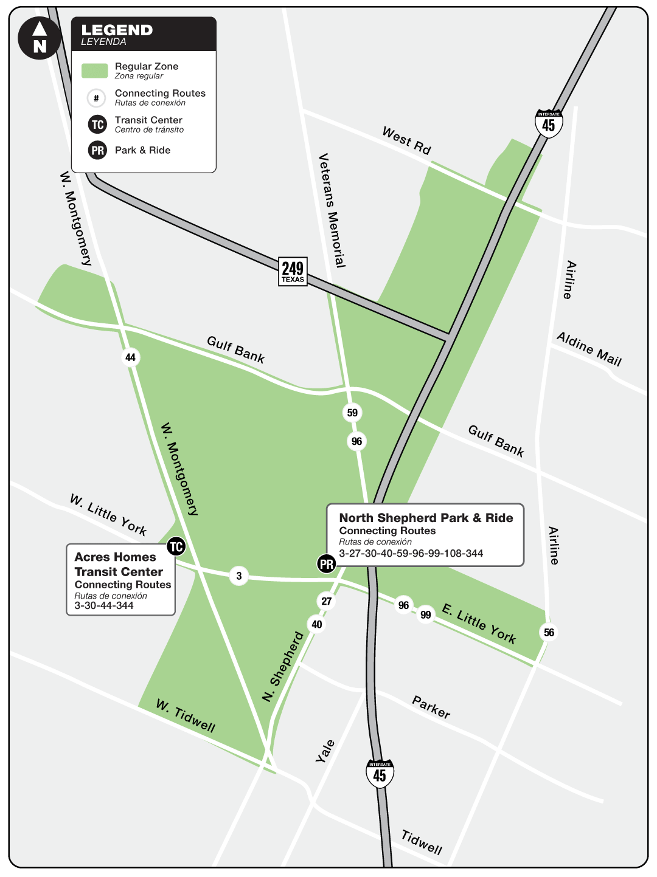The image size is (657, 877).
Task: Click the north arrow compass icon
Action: pyautogui.click(x=40, y=38)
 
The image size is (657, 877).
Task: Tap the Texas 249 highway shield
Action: pyautogui.click(x=293, y=271)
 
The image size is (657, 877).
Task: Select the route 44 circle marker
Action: pyautogui.click(x=130, y=357)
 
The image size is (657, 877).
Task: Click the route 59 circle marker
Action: pyautogui.click(x=352, y=413)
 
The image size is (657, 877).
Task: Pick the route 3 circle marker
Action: pyautogui.click(x=239, y=576)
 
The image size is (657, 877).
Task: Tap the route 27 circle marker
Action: pyautogui.click(x=327, y=601)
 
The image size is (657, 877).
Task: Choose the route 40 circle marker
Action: pyautogui.click(x=317, y=624)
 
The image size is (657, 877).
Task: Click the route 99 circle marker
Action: pyautogui.click(x=426, y=614)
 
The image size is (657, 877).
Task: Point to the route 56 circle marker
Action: pyautogui.click(x=549, y=633)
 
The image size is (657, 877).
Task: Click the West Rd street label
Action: pyautogui.click(x=406, y=140)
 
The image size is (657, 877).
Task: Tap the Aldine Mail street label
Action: pyautogui.click(x=589, y=349)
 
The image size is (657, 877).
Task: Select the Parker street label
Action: pyautogui.click(x=431, y=707)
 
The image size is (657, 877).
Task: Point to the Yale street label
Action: pyautogui.click(x=325, y=751)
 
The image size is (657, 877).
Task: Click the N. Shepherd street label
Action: pyautogui.click(x=283, y=667)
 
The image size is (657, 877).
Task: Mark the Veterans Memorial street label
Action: pyautogui.click(x=332, y=210)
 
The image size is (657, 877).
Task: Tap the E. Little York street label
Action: pyautogui.click(x=479, y=624)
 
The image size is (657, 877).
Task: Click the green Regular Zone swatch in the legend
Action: pyautogui.click(x=95, y=71)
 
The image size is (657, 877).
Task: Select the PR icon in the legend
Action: pyautogui.click(x=97, y=150)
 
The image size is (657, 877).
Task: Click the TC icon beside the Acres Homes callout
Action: pyautogui.click(x=176, y=546)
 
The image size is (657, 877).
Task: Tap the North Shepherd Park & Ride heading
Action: pyautogui.click(x=426, y=518)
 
